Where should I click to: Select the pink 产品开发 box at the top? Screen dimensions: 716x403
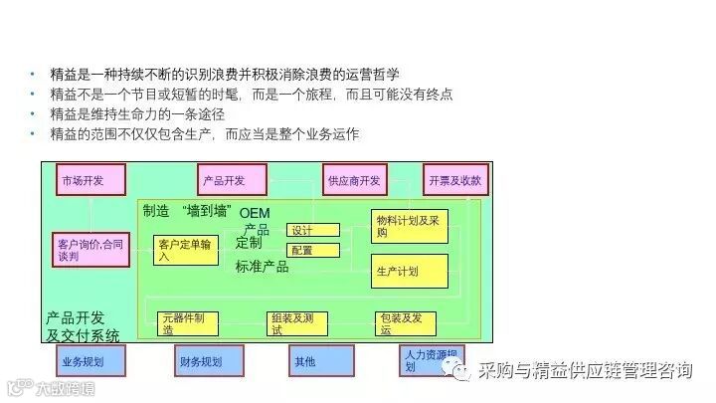click(232, 180)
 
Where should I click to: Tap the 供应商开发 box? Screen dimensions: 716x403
click(355, 180)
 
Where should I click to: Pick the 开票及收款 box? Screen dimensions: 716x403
click(456, 180)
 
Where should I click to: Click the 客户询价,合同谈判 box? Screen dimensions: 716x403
click(90, 249)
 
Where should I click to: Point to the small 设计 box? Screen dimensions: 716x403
click(313, 230)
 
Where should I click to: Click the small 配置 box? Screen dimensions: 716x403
click(313, 250)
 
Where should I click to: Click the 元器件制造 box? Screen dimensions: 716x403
click(188, 323)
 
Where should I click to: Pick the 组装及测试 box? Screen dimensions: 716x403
click(297, 323)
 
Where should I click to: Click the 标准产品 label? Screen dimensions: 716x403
click(263, 266)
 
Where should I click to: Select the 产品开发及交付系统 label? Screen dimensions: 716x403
click(83, 326)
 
